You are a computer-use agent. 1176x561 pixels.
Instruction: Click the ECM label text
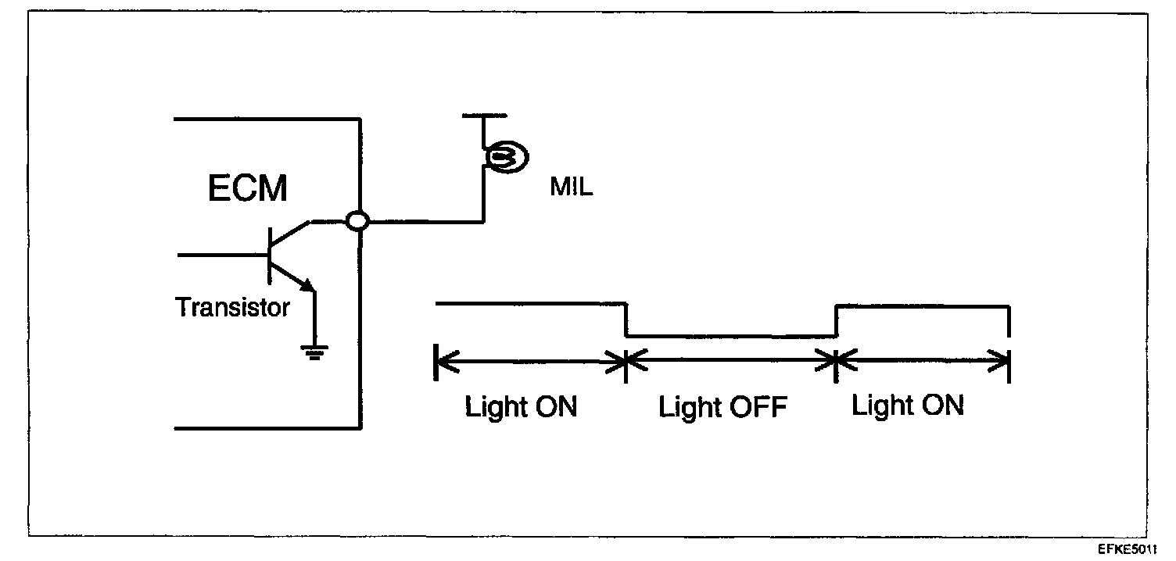(x=248, y=188)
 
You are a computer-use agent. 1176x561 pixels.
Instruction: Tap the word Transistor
(x=232, y=307)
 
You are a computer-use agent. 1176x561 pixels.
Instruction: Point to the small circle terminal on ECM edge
(x=357, y=222)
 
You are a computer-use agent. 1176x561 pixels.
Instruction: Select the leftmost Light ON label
(x=521, y=408)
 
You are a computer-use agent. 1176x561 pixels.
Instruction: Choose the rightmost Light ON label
(x=907, y=406)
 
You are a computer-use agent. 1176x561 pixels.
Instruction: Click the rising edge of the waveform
(x=836, y=321)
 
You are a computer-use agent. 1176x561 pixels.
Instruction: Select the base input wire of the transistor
(x=223, y=255)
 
